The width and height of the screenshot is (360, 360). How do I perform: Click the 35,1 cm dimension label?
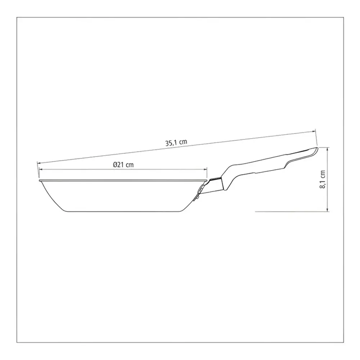[x=176, y=142]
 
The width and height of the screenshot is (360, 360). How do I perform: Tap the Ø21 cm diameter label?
[x=123, y=165]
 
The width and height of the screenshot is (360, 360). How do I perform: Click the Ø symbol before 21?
[x=115, y=165]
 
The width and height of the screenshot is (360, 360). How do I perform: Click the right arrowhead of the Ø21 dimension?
[x=205, y=170]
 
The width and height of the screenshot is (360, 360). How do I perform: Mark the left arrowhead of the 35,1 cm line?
[x=39, y=163]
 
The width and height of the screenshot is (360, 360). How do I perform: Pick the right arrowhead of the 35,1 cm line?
[x=314, y=131]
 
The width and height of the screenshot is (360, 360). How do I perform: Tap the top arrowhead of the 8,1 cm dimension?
[x=328, y=149]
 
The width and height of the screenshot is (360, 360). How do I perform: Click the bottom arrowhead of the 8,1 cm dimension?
[x=328, y=210]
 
